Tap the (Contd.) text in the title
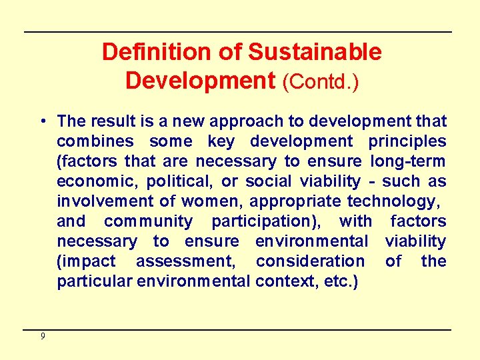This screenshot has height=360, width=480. click(321, 81)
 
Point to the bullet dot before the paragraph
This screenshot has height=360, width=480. click(41, 121)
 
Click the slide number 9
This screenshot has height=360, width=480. click(43, 336)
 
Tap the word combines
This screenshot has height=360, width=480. click(95, 141)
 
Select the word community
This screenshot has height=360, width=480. click(149, 221)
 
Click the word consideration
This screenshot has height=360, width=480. click(311, 261)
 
